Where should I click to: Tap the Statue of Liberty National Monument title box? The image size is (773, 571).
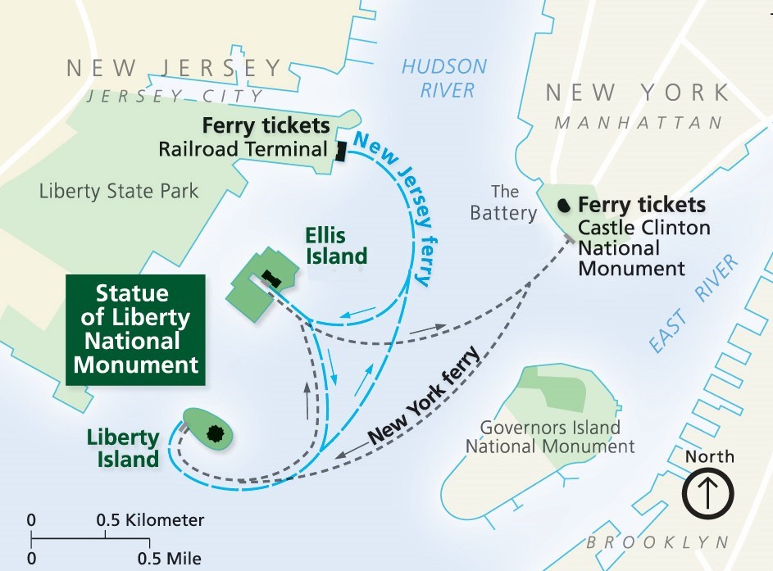135,329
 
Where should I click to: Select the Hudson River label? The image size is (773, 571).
443,78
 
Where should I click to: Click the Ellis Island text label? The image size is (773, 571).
336,244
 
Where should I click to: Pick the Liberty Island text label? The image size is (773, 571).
123,448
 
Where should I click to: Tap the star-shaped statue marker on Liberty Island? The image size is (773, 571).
216,432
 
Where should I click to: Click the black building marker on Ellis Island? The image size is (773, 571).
271,279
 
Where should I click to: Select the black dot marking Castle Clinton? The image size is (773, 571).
564,204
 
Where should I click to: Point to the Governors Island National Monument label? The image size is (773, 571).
550,437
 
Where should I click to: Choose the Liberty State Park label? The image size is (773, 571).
119,192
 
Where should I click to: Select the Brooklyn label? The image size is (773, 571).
657,542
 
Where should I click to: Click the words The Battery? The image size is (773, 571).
503,202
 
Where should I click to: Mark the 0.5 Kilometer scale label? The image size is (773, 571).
150,520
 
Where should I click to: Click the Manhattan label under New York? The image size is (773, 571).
639,123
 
